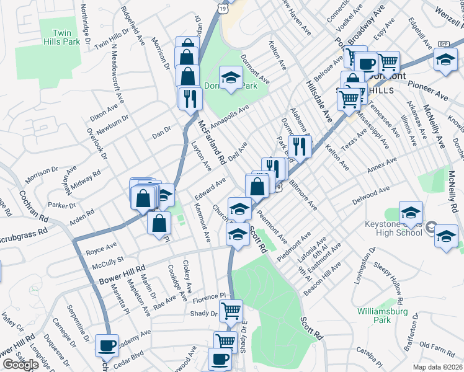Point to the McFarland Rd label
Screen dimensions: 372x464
(x=212, y=141)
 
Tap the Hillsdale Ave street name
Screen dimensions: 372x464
(x=319, y=100)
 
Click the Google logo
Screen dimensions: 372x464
(x=20, y=365)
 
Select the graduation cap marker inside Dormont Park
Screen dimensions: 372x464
(x=231, y=77)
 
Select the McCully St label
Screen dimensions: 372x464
(x=108, y=263)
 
